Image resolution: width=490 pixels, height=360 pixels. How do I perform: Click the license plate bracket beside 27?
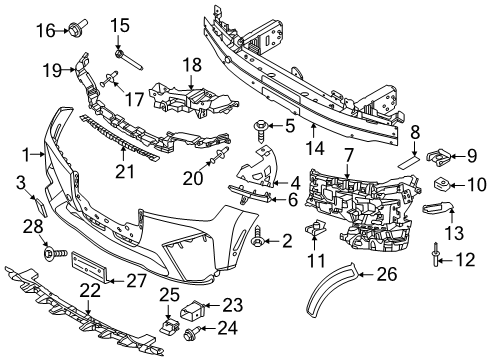click(x=89, y=265)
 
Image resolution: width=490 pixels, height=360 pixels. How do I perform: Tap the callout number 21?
click(x=125, y=171)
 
